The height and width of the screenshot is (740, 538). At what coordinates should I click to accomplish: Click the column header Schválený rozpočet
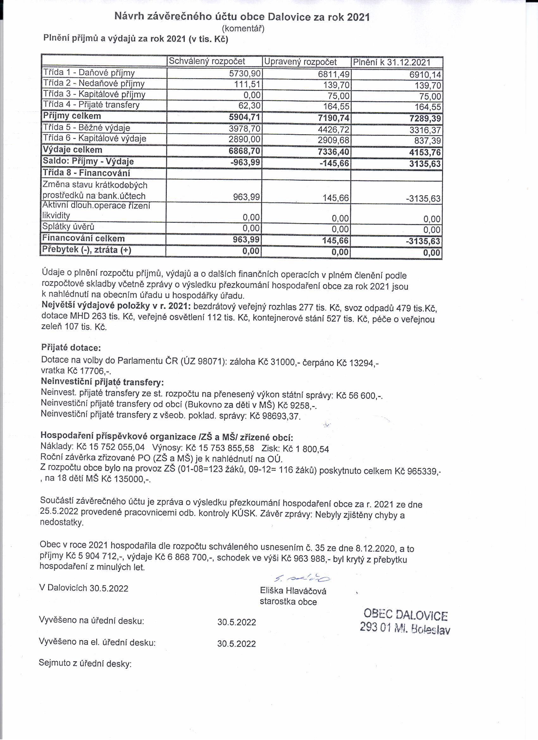(x=207, y=61)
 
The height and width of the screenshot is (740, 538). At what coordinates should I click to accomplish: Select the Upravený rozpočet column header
(x=300, y=62)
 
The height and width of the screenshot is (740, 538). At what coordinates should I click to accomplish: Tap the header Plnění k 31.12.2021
(x=392, y=62)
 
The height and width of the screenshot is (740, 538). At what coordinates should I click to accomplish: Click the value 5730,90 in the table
(x=245, y=73)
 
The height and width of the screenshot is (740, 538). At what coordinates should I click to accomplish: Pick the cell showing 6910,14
(x=425, y=75)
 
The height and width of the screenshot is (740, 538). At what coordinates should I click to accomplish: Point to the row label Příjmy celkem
(x=72, y=116)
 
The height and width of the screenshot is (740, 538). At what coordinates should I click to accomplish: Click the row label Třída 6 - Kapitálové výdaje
(x=95, y=138)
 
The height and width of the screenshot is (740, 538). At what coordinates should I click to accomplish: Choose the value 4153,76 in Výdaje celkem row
(x=425, y=152)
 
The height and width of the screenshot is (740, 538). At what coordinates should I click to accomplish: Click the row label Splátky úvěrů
(x=68, y=226)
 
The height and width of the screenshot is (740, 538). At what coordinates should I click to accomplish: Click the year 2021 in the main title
(x=358, y=17)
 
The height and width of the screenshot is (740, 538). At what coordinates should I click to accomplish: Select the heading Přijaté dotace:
(x=71, y=348)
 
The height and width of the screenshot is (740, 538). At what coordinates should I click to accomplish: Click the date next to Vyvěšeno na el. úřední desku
(x=236, y=643)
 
